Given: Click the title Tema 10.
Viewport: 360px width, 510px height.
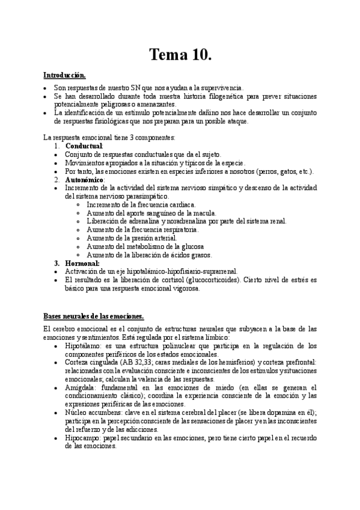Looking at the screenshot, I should click(x=180, y=55).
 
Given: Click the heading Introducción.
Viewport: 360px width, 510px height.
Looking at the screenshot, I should click(x=64, y=76).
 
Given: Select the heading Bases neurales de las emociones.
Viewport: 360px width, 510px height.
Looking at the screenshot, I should click(x=93, y=316).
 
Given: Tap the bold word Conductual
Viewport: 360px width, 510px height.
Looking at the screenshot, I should click(x=84, y=146).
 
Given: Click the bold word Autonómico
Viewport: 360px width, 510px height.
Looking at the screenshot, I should click(x=85, y=180).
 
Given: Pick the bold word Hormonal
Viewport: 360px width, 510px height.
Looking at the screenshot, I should click(x=82, y=263).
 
